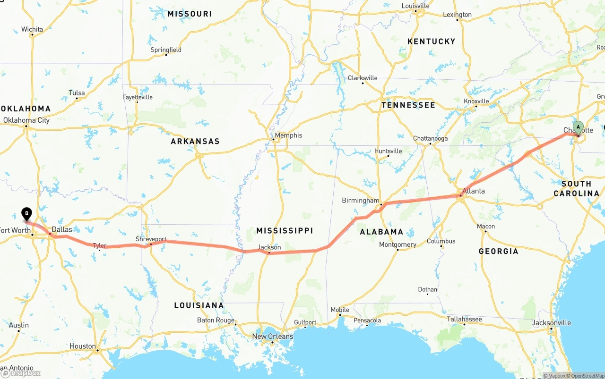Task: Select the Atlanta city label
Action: (x=473, y=191)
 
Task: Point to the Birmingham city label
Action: (x=361, y=201)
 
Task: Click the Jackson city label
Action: (x=269, y=247)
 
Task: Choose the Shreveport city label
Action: (x=151, y=239)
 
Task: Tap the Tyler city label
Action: (x=99, y=246)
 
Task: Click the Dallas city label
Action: (x=62, y=230)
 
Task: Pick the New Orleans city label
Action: (x=272, y=337)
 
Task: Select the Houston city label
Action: (x=83, y=346)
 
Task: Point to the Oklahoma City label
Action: (x=26, y=120)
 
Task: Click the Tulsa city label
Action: (x=77, y=93)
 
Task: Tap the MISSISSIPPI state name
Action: (x=285, y=231)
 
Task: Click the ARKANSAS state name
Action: (x=195, y=142)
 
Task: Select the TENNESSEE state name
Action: (x=408, y=105)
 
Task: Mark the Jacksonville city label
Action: (x=551, y=323)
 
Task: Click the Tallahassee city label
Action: (x=465, y=320)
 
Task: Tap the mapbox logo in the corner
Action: (x=21, y=373)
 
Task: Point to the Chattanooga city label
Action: (x=430, y=139)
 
